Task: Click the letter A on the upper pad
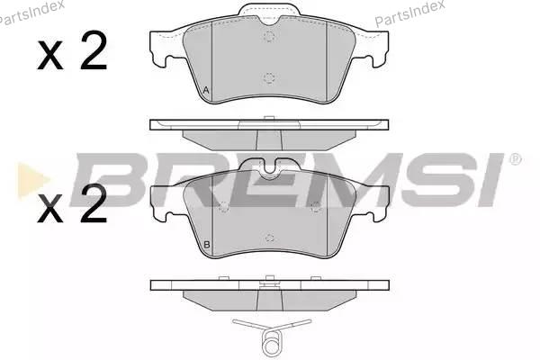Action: coord(206,91)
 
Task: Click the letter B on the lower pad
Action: coord(207,245)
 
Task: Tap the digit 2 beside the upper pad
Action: coord(93,50)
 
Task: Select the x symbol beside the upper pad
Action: coord(50,56)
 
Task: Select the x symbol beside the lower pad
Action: coord(50,209)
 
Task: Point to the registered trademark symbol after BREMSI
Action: coord(515,159)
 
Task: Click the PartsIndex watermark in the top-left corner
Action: coord(31,13)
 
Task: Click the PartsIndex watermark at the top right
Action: coord(409,13)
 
